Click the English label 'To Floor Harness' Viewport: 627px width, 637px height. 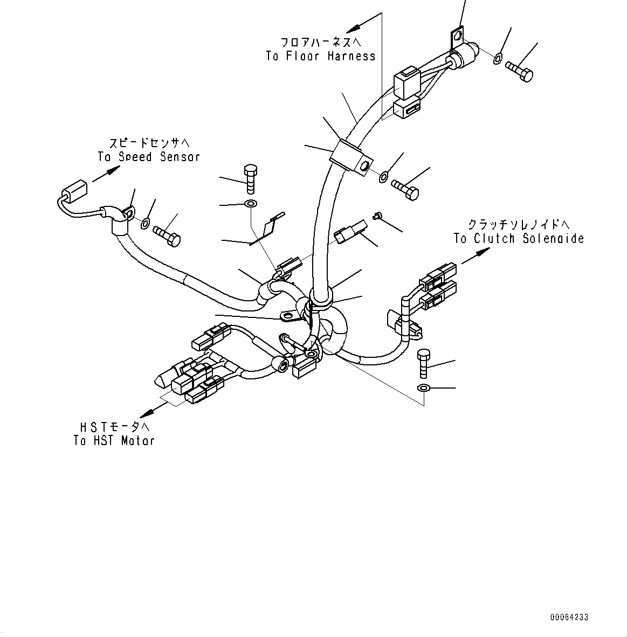coord(320,56)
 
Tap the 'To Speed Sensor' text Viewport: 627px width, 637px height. coord(148,157)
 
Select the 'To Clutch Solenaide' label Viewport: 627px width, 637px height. coord(519,239)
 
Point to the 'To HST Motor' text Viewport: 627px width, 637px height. coord(114,440)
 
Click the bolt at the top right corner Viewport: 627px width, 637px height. coord(520,71)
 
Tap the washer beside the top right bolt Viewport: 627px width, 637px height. coord(498,57)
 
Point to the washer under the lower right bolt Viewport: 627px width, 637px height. coord(424,388)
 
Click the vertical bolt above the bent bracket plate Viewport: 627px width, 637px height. coord(250,178)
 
